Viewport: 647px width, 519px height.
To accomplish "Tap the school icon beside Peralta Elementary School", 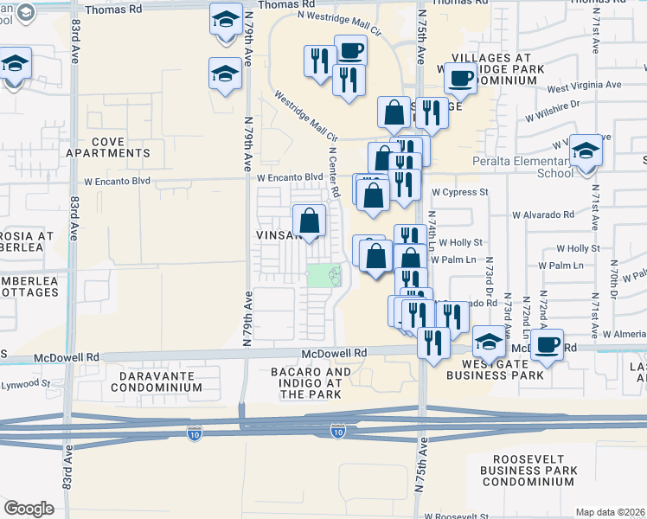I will (586, 151).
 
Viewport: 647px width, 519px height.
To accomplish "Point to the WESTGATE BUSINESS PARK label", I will (495, 368).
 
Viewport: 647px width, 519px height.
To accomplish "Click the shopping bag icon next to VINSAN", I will (309, 221).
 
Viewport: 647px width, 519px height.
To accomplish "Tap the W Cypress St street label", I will (460, 192).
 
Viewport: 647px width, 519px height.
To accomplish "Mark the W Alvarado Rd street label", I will (542, 215).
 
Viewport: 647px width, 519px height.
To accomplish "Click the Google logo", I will (29, 508).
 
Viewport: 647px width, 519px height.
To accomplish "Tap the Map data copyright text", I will (610, 512).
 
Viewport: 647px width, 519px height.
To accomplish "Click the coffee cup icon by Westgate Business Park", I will (547, 344).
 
